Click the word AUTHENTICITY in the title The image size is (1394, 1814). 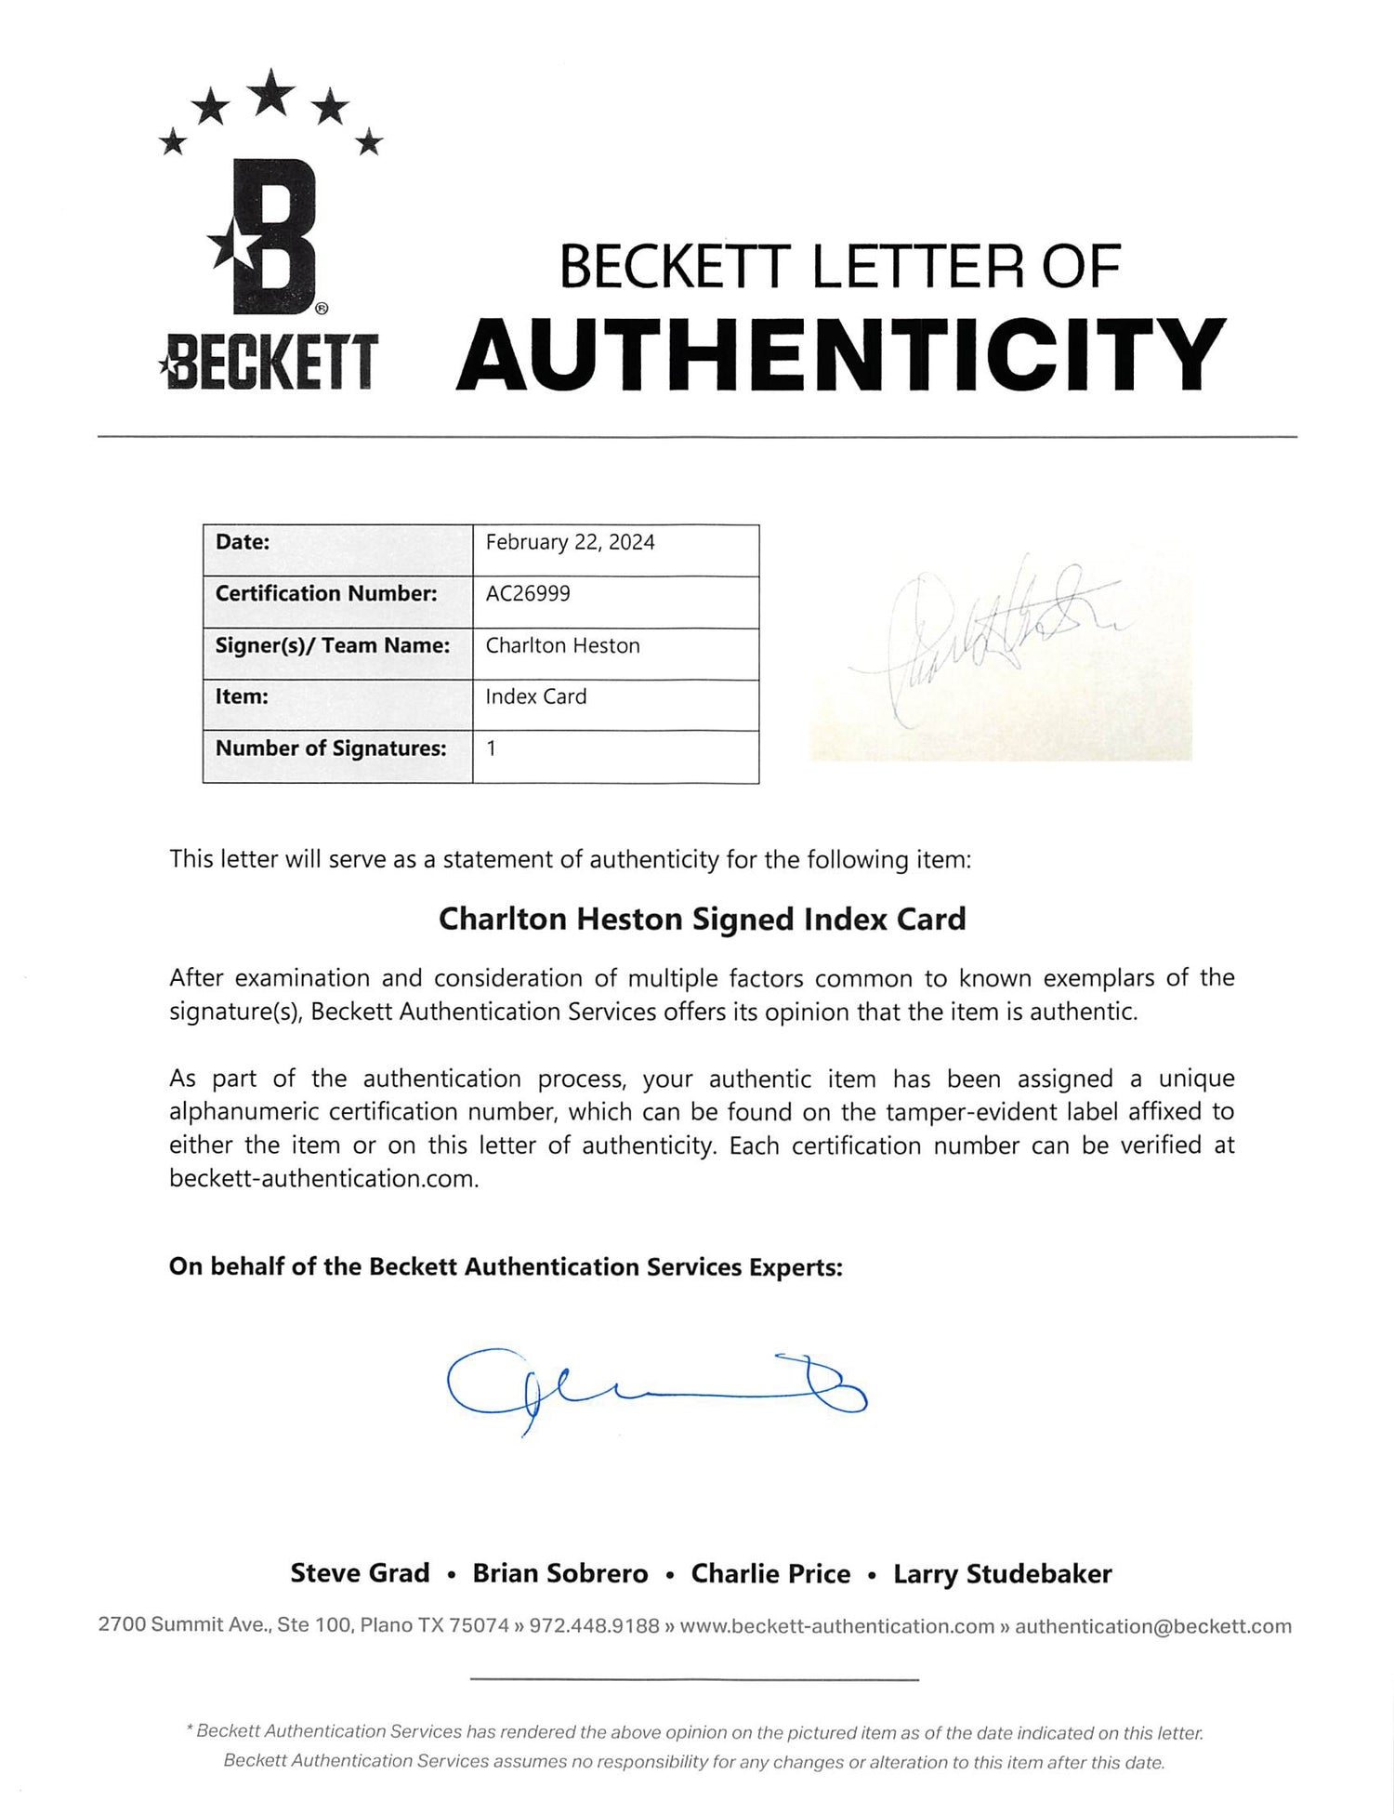point(841,355)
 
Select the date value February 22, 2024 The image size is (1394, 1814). point(570,543)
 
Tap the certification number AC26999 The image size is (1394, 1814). point(528,594)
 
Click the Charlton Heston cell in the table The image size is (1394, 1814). point(562,646)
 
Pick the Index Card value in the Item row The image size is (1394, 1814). point(536,697)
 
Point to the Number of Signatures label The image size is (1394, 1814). point(331,749)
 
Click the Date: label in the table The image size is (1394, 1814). point(243,543)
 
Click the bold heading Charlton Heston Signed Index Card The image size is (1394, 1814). point(702,920)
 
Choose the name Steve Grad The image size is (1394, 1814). point(360,1573)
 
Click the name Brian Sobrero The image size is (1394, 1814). point(559,1573)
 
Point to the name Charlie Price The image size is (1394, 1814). point(770,1573)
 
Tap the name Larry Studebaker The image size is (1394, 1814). point(1002,1573)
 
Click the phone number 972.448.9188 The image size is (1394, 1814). point(594,1626)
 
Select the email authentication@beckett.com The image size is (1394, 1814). point(1152,1626)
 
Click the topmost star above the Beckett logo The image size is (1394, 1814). point(272,93)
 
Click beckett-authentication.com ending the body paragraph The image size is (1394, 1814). point(323,1179)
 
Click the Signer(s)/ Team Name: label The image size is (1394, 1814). point(332,646)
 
